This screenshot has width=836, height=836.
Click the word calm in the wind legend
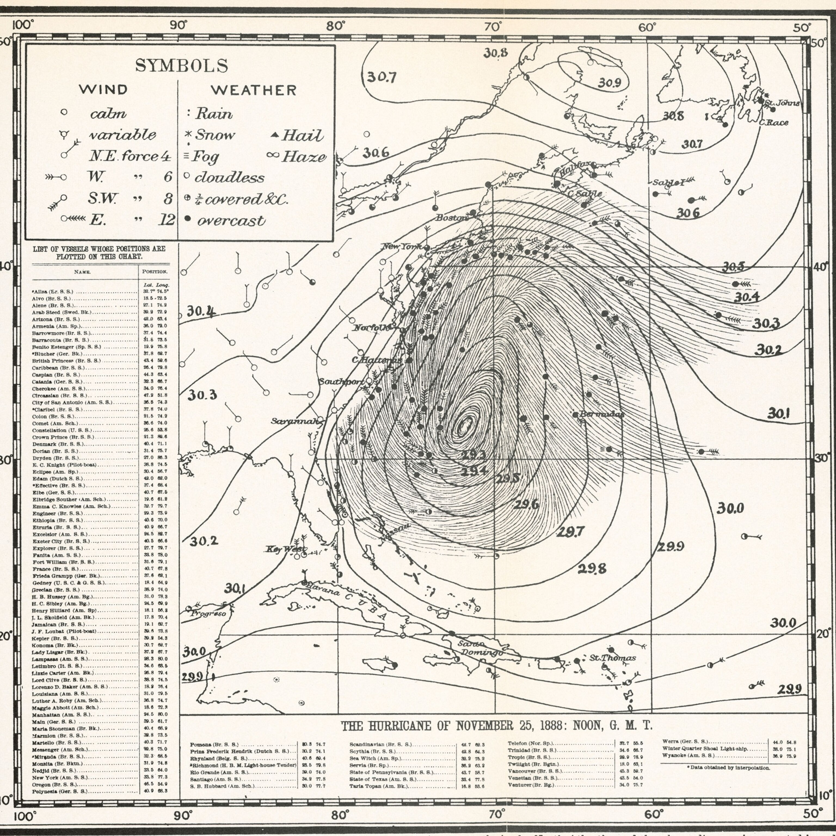tap(108, 113)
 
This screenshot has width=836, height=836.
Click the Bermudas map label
tap(601, 414)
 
